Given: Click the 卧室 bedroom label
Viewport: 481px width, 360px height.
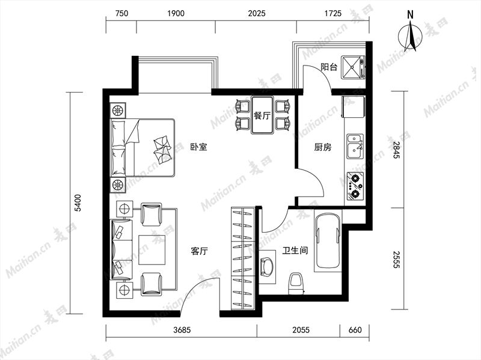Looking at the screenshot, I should tap(198, 147).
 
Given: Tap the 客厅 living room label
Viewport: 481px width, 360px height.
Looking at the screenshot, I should tap(199, 252).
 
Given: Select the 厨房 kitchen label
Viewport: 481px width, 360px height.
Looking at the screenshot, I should tap(323, 147).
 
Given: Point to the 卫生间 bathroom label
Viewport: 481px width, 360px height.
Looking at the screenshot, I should tap(295, 251).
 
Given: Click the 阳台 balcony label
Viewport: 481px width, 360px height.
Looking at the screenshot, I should tap(328, 67).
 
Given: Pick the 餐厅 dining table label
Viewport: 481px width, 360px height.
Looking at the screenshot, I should tap(262, 116).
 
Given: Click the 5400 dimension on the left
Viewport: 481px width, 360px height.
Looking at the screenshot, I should tap(77, 204).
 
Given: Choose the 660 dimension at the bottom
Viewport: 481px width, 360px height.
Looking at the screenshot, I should tap(355, 329).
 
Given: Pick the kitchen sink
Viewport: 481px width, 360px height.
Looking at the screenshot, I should tap(354, 145).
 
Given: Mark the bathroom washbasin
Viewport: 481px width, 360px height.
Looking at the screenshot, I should tap(266, 265).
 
